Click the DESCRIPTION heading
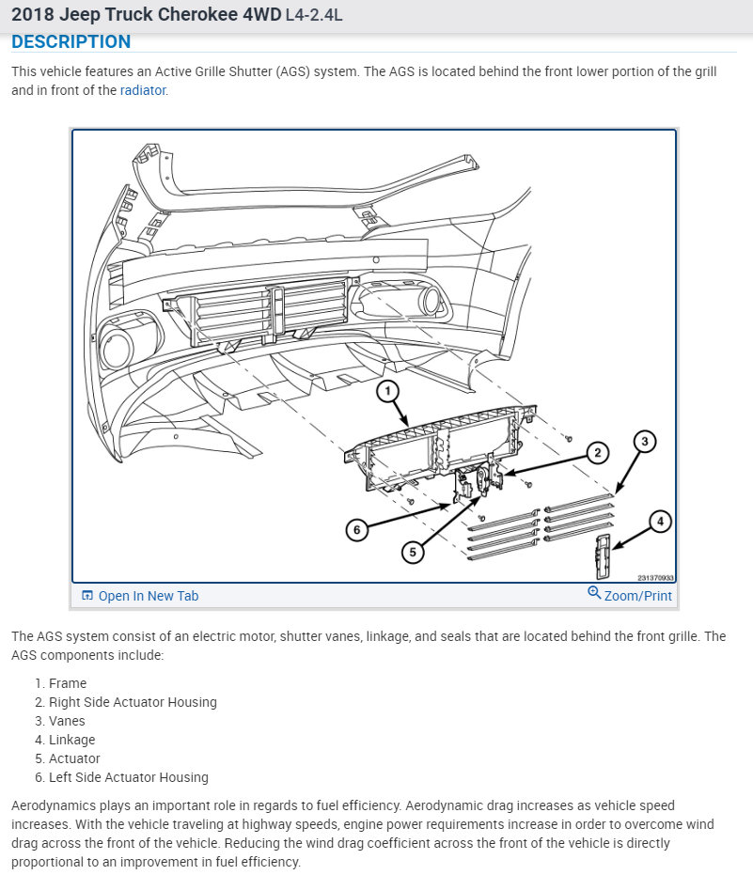click(71, 42)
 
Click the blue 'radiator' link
click(144, 91)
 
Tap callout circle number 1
click(388, 389)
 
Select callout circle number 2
click(596, 452)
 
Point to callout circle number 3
click(643, 440)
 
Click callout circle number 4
click(661, 521)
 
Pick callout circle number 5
click(413, 552)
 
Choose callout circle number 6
click(356, 530)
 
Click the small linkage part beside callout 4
click(604, 555)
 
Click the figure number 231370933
click(656, 578)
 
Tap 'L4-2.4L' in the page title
click(314, 16)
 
